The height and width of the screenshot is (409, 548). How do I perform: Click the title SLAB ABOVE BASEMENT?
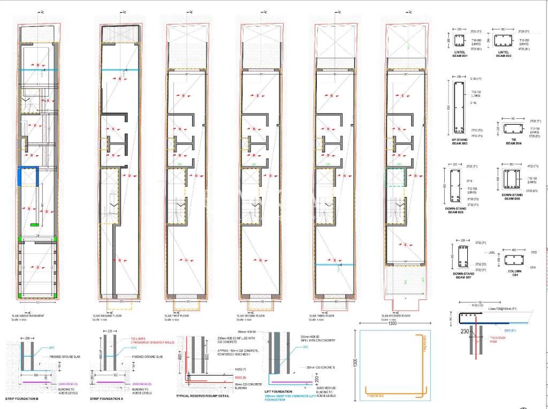tap(28, 316)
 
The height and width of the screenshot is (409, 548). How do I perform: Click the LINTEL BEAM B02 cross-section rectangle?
tap(504, 41)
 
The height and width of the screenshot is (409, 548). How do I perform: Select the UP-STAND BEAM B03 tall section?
tap(459, 107)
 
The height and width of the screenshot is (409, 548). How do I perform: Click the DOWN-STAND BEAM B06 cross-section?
tap(511, 177)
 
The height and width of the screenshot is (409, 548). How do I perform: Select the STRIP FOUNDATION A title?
tap(108, 399)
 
